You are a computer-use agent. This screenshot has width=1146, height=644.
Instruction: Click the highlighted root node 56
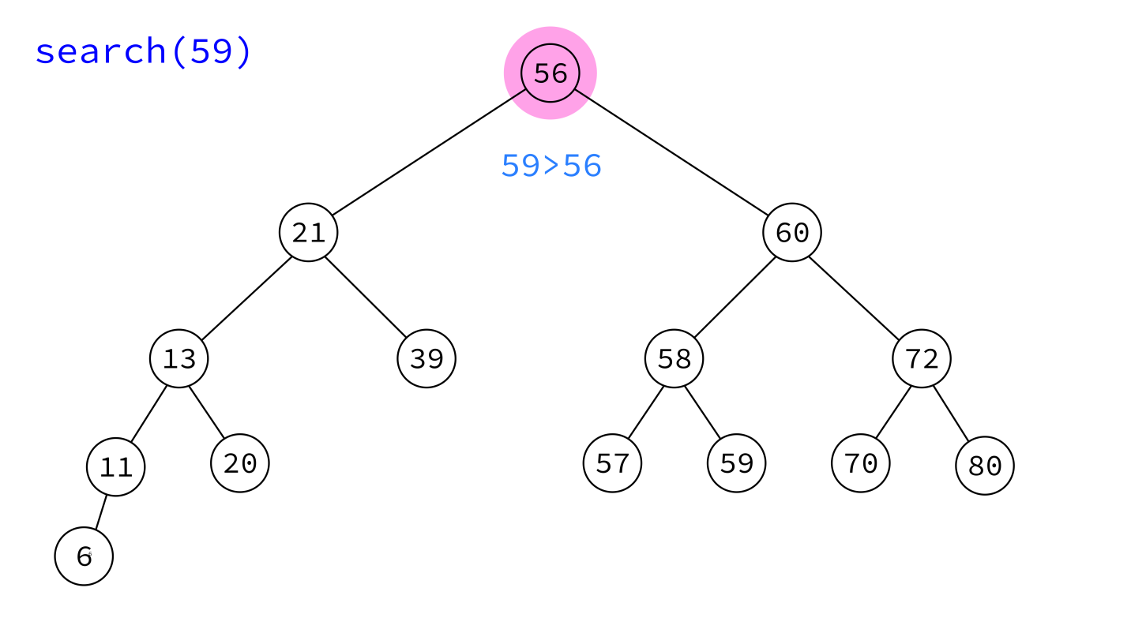point(550,73)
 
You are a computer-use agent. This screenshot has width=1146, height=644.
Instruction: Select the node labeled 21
point(309,233)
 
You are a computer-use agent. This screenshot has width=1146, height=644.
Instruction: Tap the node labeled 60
point(792,233)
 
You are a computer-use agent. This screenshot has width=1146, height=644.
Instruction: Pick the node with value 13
point(179,358)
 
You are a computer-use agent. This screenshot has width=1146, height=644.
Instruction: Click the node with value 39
point(426,358)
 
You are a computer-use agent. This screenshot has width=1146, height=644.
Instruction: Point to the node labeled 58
point(674,358)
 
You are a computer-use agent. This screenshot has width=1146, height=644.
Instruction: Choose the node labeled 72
point(922,358)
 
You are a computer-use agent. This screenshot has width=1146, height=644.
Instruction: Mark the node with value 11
point(115,466)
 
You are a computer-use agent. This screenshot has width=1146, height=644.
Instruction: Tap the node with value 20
point(240,463)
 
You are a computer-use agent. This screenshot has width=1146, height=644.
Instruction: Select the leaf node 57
point(612,463)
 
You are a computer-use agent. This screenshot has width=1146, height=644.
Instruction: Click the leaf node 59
point(736,463)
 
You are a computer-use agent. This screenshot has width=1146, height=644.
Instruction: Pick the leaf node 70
point(861,463)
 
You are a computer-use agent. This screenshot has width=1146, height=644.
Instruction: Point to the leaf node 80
point(984,466)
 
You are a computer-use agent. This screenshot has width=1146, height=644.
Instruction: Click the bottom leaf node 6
point(84,556)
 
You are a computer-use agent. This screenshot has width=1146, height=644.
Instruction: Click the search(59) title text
point(143,51)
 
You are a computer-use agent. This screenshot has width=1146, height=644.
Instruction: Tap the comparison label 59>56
point(551,166)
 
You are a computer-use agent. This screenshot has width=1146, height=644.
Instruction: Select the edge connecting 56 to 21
point(429,152)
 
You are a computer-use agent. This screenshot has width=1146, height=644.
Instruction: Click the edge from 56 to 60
point(671,152)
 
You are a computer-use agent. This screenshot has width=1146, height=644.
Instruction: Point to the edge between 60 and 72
point(853,298)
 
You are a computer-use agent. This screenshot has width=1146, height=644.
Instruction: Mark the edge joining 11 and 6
point(101,512)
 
